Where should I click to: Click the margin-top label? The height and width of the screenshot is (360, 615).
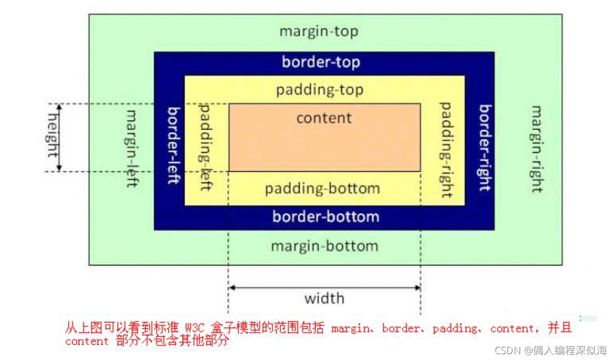319,32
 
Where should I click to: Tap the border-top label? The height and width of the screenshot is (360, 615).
320,62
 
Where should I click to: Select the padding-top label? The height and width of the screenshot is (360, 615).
319,90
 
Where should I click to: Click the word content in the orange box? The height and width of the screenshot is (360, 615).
324,117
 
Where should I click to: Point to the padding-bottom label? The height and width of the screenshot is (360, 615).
322,189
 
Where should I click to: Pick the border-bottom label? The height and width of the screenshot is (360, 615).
326,216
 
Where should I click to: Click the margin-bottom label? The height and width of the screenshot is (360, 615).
325,246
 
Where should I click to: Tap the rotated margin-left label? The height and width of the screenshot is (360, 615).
132,148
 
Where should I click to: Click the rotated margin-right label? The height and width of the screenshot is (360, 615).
537,149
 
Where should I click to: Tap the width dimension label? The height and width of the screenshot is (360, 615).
324,299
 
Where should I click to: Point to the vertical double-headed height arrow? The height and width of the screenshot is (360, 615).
59,137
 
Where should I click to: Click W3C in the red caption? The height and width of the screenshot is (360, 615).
196,328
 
